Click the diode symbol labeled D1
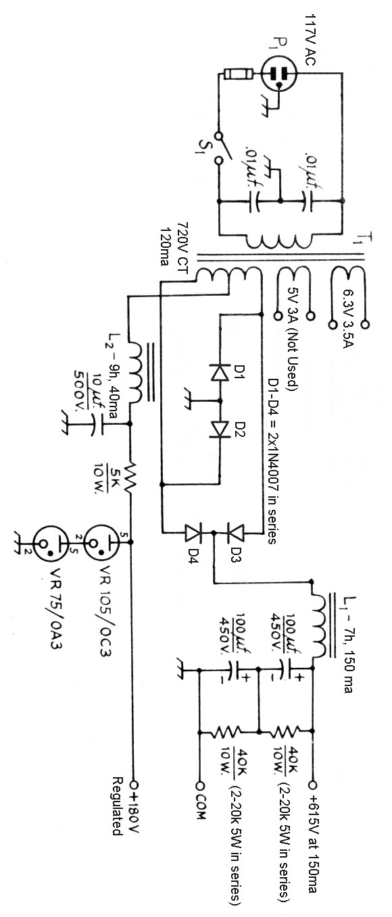click(x=220, y=371)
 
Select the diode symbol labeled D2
click(x=220, y=429)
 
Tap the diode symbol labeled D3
click(x=235, y=533)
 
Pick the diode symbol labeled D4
click(x=193, y=533)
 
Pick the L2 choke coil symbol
click(x=136, y=373)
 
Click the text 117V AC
click(x=312, y=39)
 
